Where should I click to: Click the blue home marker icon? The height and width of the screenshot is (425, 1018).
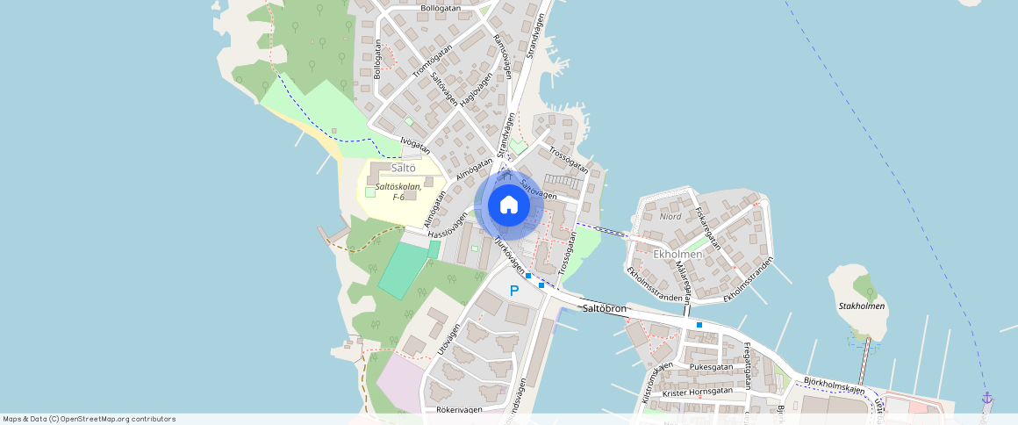pos(508,205)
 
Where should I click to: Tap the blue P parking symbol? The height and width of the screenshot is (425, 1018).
pos(514,291)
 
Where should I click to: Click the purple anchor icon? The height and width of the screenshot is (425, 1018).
pos(986,398)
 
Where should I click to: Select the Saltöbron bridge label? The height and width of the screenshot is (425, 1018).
pos(604,309)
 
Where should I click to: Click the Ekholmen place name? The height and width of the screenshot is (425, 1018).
pos(677,254)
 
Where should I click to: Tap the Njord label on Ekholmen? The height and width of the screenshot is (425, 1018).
pos(670,215)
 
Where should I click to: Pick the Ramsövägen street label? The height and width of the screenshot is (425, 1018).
pos(503,56)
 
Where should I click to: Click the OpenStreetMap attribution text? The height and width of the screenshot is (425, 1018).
pos(89,419)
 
